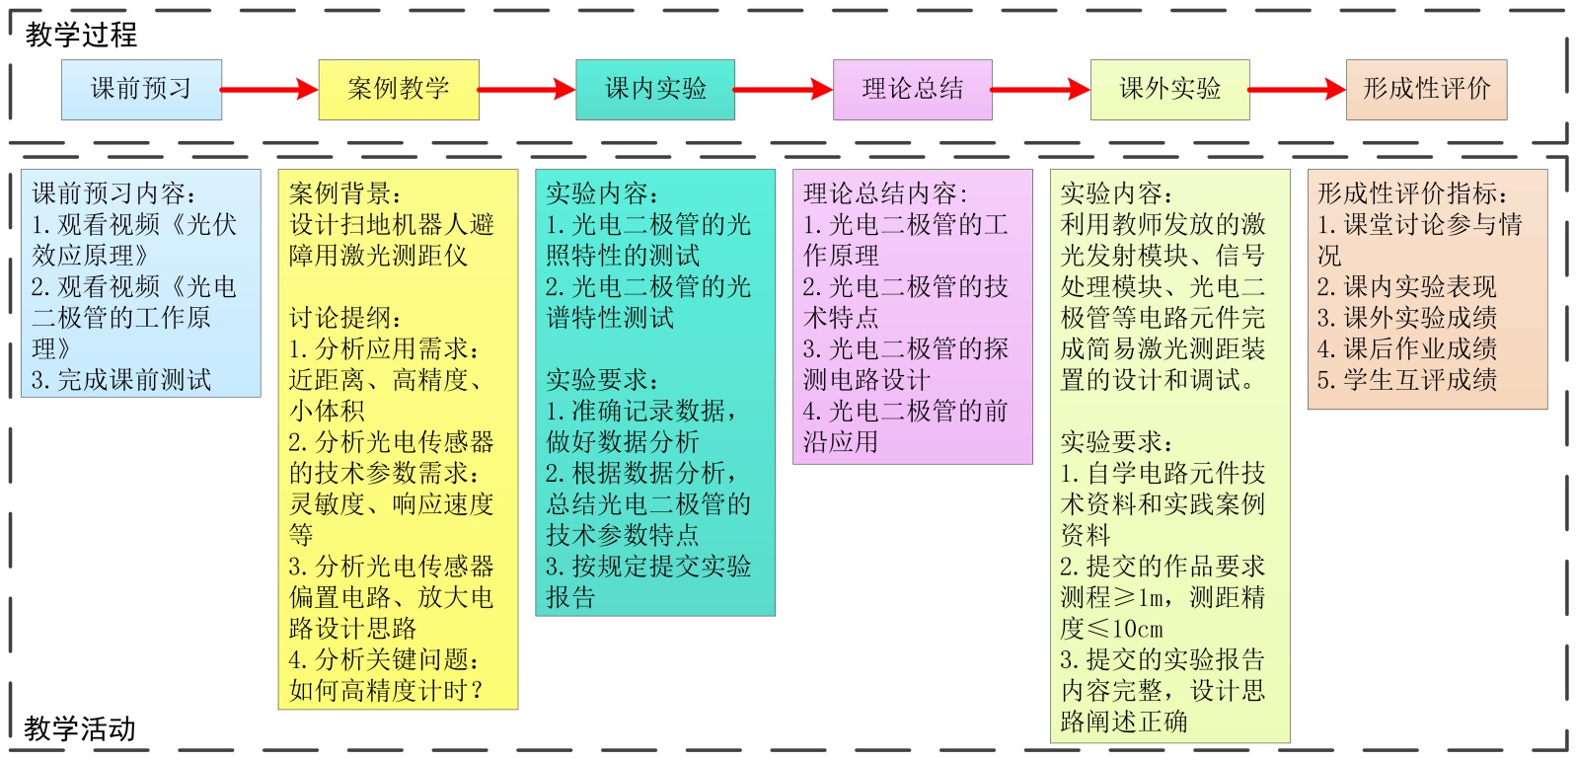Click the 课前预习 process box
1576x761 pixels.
(x=141, y=90)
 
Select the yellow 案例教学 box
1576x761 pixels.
(x=399, y=90)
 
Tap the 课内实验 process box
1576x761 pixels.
(x=655, y=90)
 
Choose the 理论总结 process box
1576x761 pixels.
(x=913, y=90)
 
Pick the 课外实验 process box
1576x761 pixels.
(x=1169, y=90)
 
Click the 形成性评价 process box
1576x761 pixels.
(x=1426, y=90)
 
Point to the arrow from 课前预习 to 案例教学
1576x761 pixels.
(x=269, y=90)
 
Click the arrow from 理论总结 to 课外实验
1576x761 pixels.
(x=1040, y=90)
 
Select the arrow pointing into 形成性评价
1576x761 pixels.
(x=1297, y=90)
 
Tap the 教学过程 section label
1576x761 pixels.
(x=81, y=36)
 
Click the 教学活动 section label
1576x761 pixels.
(x=80, y=729)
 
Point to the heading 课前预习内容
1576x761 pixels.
(x=113, y=193)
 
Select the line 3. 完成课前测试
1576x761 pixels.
(x=121, y=380)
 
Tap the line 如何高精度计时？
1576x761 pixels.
(x=387, y=691)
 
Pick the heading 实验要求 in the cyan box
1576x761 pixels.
(x=602, y=380)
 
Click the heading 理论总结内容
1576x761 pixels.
(x=885, y=193)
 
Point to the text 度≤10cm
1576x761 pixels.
(x=1112, y=629)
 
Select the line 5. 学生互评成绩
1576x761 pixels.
(x=1407, y=380)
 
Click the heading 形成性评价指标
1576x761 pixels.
(x=1412, y=193)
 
